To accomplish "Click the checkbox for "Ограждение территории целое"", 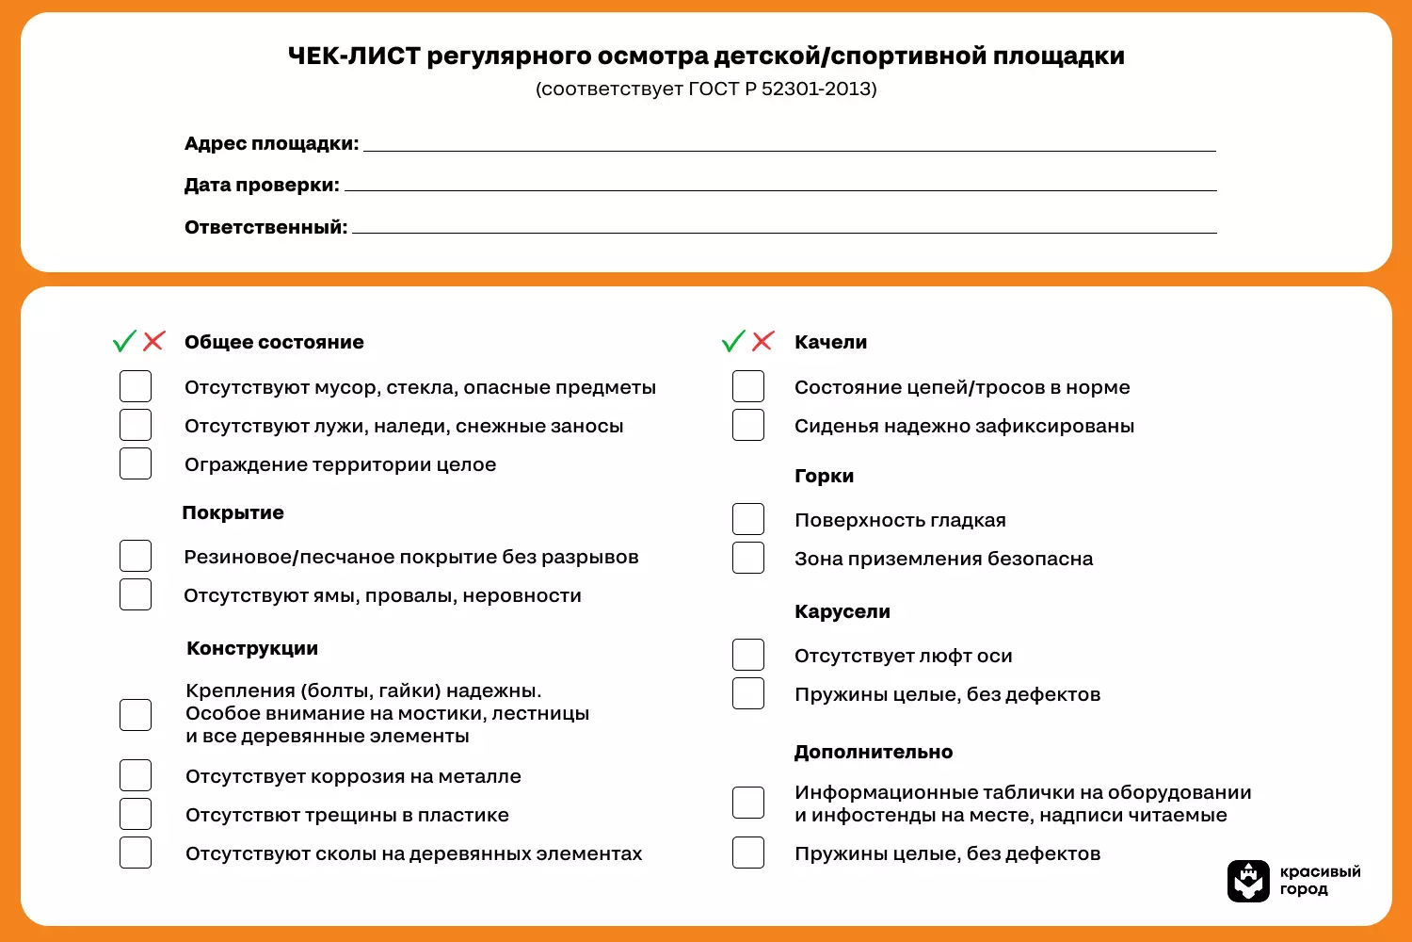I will coord(136,463).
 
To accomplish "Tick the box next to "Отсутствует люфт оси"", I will coord(748,655).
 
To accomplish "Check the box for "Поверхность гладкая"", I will coord(748,519).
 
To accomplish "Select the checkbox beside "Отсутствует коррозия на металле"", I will coord(136,775).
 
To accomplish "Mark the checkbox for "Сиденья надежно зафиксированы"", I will coord(748,425).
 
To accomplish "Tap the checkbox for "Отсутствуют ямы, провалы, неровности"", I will coord(136,594).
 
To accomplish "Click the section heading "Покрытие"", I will coord(233,512).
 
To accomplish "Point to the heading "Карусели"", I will coord(842,611).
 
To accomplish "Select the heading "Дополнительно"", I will coord(873,752).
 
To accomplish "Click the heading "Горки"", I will coord(824,476).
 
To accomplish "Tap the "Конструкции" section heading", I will coord(252,648).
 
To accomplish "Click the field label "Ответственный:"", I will coord(265,227).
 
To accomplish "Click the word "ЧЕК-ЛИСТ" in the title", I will coord(353,57).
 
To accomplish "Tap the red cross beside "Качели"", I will coord(762,341).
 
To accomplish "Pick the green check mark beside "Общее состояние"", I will coord(124,341).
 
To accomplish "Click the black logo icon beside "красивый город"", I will coord(1248,881).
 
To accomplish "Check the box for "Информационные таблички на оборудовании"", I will coord(748,803).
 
